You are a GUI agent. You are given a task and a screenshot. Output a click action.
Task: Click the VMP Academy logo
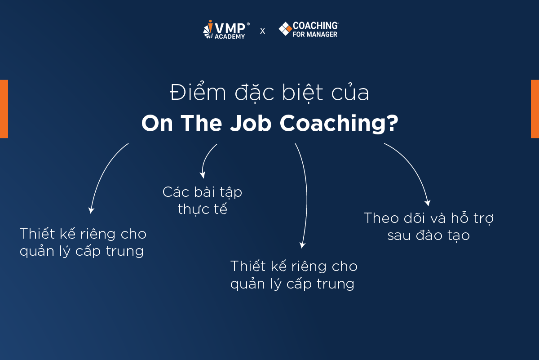coord(226,29)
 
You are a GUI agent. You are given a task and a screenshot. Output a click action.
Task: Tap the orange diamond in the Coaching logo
coord(289,29)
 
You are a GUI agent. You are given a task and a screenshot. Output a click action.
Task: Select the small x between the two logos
coord(262,31)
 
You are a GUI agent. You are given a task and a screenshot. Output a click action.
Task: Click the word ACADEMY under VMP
coord(230,36)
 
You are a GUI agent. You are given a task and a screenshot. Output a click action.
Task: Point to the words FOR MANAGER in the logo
coord(315,35)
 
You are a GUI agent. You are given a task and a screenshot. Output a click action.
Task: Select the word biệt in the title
coord(302,93)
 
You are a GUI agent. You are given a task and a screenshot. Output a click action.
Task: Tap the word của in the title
coord(350,92)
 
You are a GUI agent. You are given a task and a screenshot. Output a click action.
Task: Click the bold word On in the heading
coord(157,123)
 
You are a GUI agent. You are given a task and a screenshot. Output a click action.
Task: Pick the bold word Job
coord(251,123)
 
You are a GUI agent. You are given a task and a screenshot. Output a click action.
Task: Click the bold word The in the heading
coord(201,123)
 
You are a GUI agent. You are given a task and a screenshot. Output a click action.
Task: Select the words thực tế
coord(203,209)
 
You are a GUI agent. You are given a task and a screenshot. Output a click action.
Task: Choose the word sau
coord(399,235)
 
